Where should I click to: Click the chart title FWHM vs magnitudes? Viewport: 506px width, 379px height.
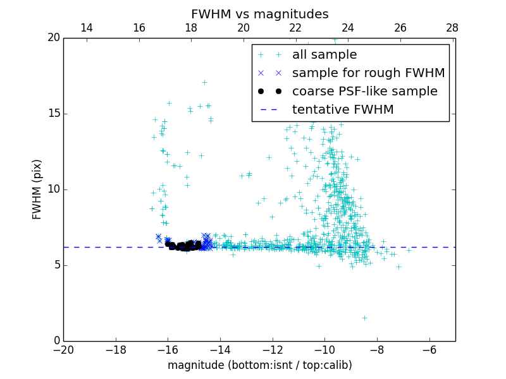pyautogui.click(x=259, y=14)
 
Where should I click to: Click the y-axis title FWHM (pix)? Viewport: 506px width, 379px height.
pyautogui.click(x=37, y=189)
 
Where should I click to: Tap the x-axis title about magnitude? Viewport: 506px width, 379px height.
pyautogui.click(x=259, y=365)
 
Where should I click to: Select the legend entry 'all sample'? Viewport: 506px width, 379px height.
pyautogui.click(x=324, y=55)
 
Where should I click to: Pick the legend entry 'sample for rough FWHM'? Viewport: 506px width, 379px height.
pyautogui.click(x=368, y=73)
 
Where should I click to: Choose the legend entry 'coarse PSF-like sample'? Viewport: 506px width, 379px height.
pyautogui.click(x=364, y=92)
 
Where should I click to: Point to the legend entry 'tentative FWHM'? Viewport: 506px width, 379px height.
pyautogui.click(x=343, y=110)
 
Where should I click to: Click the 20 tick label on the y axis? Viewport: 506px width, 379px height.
pyautogui.click(x=52, y=38)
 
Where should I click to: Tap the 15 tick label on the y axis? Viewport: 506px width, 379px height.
pyautogui.click(x=52, y=114)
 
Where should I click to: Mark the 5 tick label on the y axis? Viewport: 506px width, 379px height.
pyautogui.click(x=56, y=265)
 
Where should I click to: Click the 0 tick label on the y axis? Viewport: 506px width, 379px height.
pyautogui.click(x=56, y=341)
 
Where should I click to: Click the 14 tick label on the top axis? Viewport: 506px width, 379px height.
pyautogui.click(x=87, y=28)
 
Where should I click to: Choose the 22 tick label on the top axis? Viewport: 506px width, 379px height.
pyautogui.click(x=295, y=28)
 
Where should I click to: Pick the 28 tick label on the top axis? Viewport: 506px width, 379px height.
pyautogui.click(x=452, y=28)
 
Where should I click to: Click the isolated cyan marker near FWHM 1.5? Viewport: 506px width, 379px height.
pyautogui.click(x=364, y=318)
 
